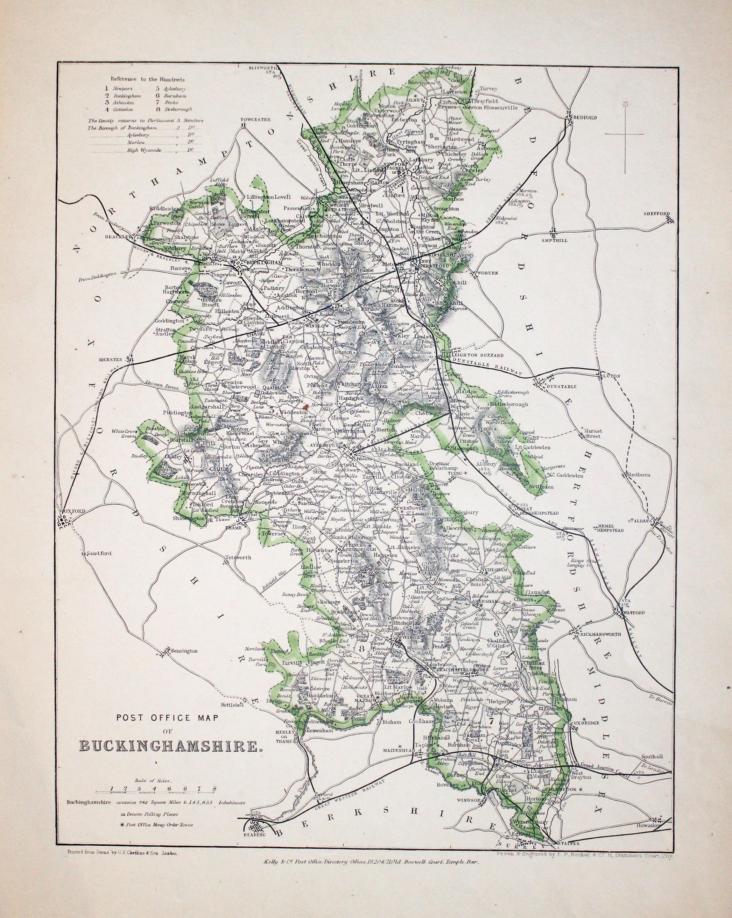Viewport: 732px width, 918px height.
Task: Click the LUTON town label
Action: tap(612, 376)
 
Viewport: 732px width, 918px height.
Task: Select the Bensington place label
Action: tap(184, 651)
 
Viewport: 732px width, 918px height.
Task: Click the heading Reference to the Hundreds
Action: tap(148, 79)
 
